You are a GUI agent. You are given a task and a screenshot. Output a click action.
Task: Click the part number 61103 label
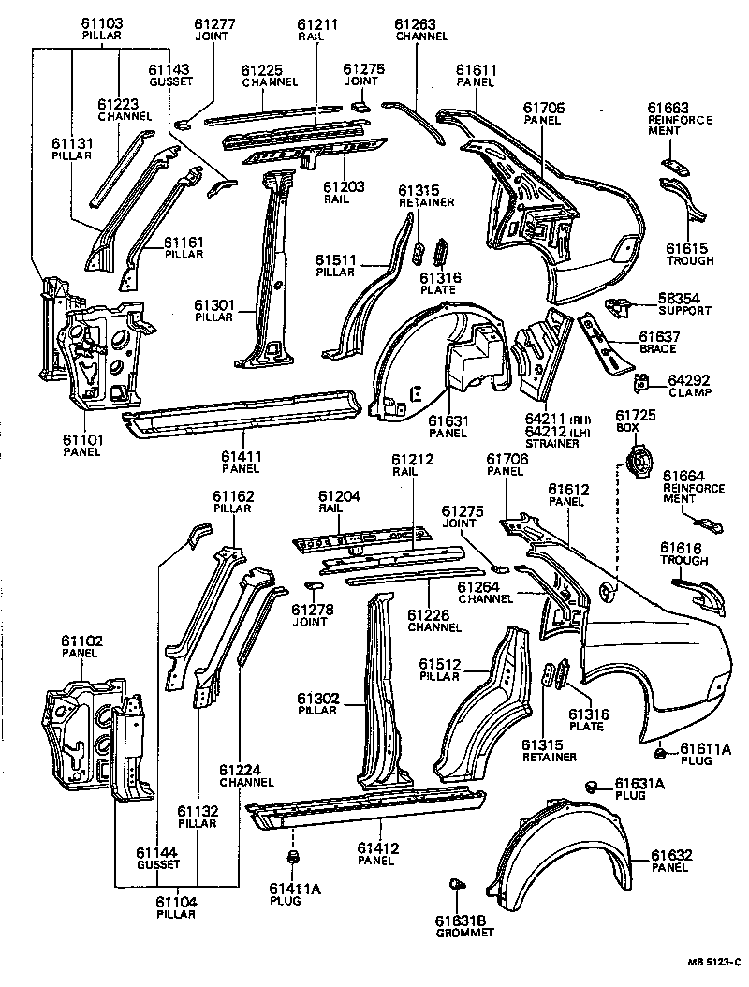[x=101, y=22]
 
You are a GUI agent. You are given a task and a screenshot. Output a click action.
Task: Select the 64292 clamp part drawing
[x=642, y=383]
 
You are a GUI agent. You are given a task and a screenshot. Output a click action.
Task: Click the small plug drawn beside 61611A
[x=660, y=752]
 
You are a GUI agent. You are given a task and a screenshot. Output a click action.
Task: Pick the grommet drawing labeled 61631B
[x=457, y=883]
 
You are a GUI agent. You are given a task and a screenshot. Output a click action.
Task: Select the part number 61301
[x=213, y=304]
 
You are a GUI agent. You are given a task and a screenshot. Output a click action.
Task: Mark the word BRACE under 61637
[x=658, y=348]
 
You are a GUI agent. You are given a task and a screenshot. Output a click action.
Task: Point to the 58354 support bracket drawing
[x=619, y=305]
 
